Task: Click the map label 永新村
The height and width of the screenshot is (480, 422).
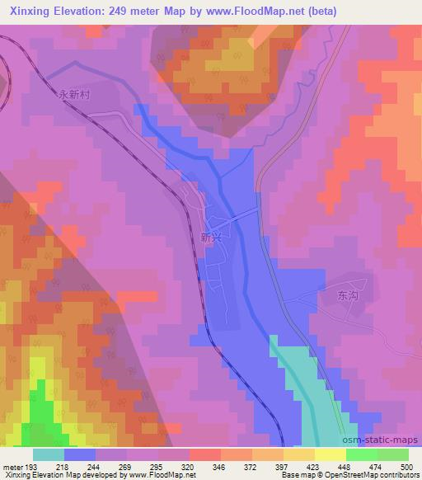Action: (74, 94)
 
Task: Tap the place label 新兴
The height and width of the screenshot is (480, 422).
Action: (211, 237)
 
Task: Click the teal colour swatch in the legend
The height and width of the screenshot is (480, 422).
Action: (49, 455)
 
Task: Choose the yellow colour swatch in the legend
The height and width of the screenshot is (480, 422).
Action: (330, 455)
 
